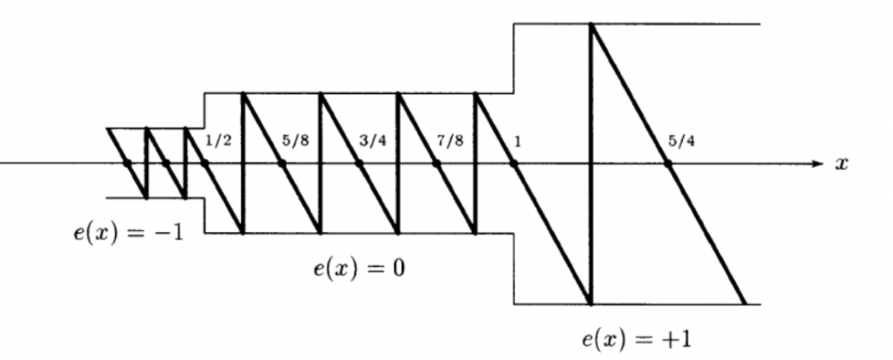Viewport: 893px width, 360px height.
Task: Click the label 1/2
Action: click(218, 140)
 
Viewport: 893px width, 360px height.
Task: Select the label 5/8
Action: click(296, 140)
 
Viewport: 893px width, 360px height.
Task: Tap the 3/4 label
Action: click(373, 140)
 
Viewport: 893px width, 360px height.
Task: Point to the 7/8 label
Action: click(450, 140)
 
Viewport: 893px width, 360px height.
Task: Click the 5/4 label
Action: click(681, 140)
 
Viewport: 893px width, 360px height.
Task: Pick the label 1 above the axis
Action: click(517, 141)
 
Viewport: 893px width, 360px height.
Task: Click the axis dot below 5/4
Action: click(668, 164)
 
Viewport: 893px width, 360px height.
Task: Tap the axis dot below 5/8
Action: click(282, 164)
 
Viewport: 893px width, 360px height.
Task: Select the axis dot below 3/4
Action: click(359, 164)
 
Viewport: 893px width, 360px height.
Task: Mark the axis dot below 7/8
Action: click(436, 164)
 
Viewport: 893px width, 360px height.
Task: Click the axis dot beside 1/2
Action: click(204, 164)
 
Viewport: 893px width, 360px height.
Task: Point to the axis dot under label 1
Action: click(514, 164)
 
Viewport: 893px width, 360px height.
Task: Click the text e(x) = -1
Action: click(129, 233)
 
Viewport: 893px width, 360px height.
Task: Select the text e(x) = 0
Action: click(359, 268)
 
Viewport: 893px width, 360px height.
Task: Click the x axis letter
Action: click(842, 164)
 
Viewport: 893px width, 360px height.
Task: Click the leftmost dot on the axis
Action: click(127, 164)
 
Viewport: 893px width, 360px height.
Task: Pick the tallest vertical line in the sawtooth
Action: click(591, 164)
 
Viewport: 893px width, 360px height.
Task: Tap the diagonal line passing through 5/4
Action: click(668, 164)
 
